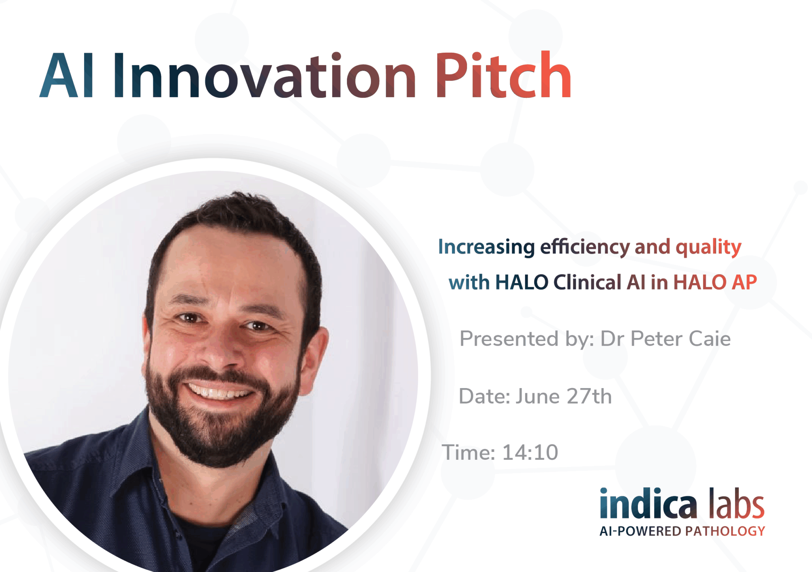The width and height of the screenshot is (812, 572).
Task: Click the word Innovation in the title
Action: tap(264, 75)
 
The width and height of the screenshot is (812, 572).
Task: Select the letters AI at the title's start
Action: tap(67, 75)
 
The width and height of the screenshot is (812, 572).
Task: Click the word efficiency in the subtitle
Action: tap(584, 247)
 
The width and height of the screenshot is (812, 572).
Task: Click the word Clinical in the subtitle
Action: tap(588, 282)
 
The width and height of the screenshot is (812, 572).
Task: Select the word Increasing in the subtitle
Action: tap(486, 247)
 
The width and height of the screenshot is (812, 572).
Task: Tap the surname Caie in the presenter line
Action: tap(709, 339)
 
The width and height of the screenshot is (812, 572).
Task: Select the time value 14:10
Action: tap(530, 453)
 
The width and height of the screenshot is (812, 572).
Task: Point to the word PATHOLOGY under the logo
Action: tap(725, 531)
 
